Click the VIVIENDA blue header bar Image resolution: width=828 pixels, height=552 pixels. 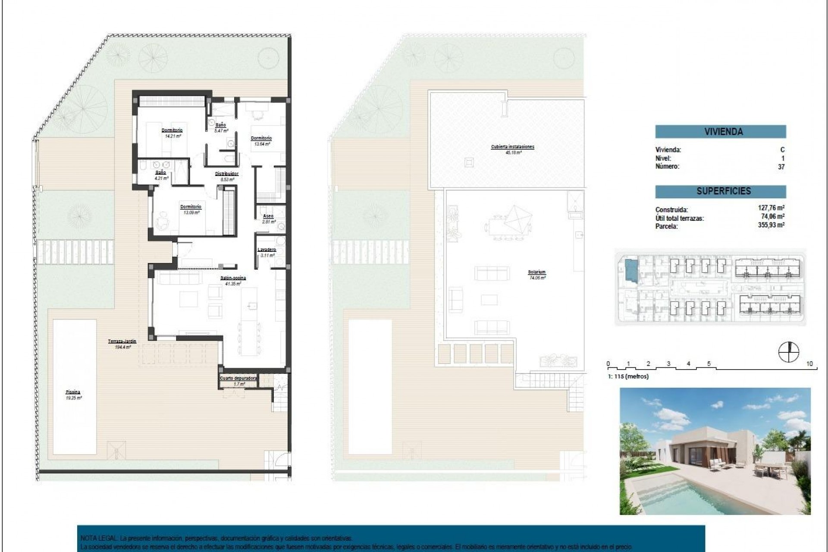(x=720, y=132)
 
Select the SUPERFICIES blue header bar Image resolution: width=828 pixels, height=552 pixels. (x=720, y=191)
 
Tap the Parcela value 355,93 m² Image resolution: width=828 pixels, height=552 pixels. (x=771, y=225)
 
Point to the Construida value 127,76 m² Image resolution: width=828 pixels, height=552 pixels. (x=771, y=208)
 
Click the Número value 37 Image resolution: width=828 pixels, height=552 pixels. (x=781, y=166)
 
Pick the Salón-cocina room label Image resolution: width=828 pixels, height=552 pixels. (x=233, y=278)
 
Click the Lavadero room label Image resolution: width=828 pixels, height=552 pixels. (x=267, y=250)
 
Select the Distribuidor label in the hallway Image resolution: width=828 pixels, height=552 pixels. (x=227, y=174)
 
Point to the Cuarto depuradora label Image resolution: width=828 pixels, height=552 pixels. (x=238, y=378)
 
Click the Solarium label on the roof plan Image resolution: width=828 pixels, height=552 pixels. (x=536, y=272)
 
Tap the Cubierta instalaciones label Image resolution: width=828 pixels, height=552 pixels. (x=512, y=147)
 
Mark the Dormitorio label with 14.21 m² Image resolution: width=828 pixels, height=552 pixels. (x=172, y=130)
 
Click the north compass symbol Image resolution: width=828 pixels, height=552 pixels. (x=789, y=352)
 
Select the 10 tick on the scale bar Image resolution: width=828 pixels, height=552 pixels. (x=809, y=364)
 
